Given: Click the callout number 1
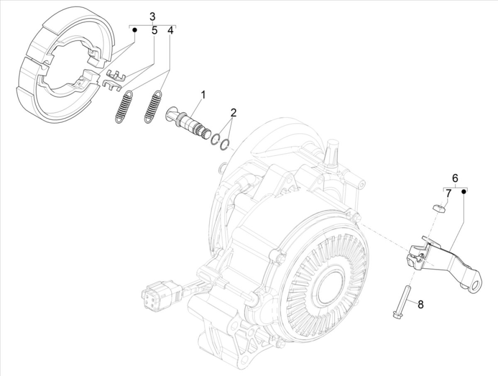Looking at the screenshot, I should pos(203,95).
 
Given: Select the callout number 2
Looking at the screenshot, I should pos(234,112).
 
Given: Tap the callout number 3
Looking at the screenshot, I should pos(152,17).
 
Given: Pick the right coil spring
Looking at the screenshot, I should pos(153,106).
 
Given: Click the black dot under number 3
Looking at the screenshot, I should pos(134,30).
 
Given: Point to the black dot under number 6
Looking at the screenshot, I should pos(465,191).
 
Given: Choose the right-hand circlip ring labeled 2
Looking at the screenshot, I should pos(224,145).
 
